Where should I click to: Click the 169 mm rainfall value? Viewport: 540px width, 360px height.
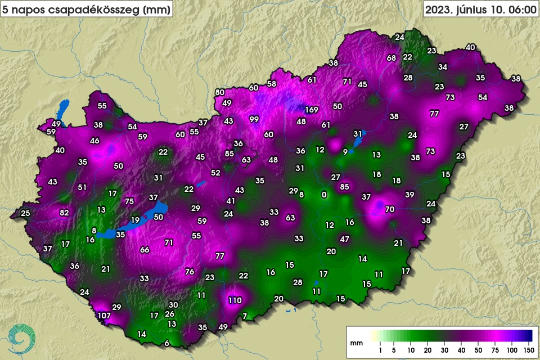pos(312,109)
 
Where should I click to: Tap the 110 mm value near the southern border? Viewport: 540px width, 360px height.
pos(235,300)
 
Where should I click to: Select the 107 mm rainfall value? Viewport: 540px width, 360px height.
pos(104,316)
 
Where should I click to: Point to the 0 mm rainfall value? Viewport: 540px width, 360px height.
pos(323,195)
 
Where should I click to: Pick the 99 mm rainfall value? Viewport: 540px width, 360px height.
pos(254,119)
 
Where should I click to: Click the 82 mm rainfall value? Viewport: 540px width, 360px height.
pos(64,212)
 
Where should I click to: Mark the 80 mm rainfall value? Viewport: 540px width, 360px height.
pos(220,92)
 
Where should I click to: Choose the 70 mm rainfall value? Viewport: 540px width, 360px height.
pos(390,209)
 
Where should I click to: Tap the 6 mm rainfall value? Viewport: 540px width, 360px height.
pos(166,343)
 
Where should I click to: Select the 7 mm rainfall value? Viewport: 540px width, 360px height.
pos(244,316)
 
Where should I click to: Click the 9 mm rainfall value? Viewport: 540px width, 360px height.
pos(345,152)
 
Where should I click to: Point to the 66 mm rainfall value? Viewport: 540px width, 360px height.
pos(145,250)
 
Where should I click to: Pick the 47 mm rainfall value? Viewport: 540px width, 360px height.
pos(345,239)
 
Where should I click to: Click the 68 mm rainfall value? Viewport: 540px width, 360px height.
pos(391,58)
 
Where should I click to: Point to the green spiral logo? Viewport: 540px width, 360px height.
pos(24,337)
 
